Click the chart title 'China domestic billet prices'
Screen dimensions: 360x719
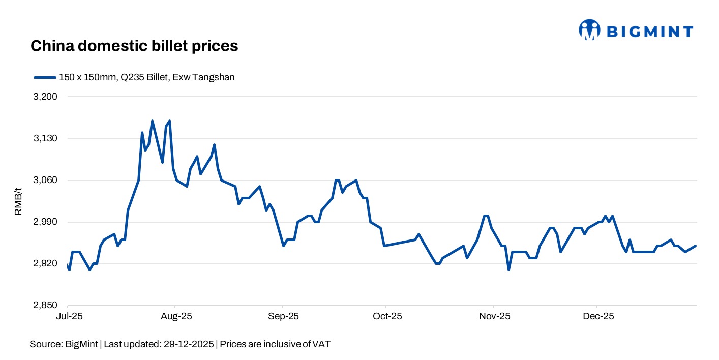click(134, 46)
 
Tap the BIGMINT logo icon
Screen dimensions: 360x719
click(589, 30)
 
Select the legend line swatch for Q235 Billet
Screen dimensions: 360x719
click(44, 77)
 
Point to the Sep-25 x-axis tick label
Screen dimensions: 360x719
click(283, 317)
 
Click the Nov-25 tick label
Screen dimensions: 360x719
click(494, 317)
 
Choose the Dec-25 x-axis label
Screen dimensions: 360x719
click(598, 317)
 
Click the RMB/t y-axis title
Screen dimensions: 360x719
click(18, 201)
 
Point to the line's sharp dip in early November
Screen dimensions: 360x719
click(508, 269)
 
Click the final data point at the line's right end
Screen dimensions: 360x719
click(696, 246)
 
